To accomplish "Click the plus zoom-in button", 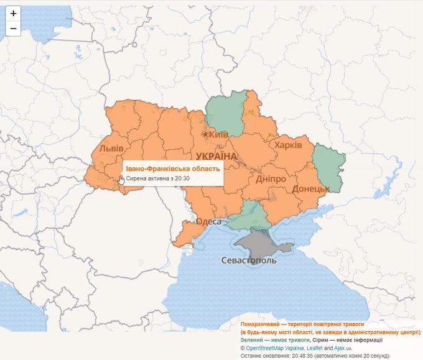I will (14, 13).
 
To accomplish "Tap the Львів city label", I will (112, 149).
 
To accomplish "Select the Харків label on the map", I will (288, 144).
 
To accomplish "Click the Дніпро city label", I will (271, 179).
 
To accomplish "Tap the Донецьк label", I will (310, 188).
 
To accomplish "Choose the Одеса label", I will (209, 221).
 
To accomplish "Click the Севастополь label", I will (249, 260).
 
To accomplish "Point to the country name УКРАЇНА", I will (216, 155).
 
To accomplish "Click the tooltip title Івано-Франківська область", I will (172, 168).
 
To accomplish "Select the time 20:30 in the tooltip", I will (182, 178).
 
